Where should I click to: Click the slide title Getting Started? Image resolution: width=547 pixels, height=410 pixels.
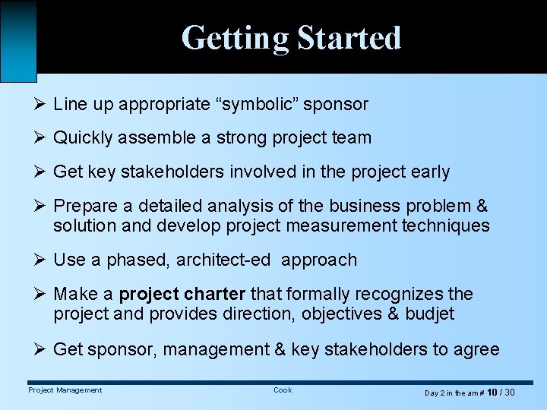(291, 38)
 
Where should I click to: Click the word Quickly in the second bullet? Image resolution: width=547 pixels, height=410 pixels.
(82, 138)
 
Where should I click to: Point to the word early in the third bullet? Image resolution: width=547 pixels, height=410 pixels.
(429, 172)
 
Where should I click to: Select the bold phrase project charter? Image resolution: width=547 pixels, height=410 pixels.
(182, 294)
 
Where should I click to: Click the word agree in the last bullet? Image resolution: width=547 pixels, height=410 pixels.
(477, 349)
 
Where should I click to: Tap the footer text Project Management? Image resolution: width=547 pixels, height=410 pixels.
(65, 390)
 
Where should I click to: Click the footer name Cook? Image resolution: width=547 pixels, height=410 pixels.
(283, 390)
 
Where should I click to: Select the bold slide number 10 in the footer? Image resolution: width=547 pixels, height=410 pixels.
(492, 392)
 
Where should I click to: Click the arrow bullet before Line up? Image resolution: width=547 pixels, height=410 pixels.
(41, 104)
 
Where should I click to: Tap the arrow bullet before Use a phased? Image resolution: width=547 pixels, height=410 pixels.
(41, 260)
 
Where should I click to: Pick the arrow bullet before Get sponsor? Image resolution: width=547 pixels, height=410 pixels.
(41, 349)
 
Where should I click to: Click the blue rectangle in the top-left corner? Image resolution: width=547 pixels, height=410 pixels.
(18, 39)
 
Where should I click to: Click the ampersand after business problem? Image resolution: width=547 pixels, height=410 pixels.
(481, 207)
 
